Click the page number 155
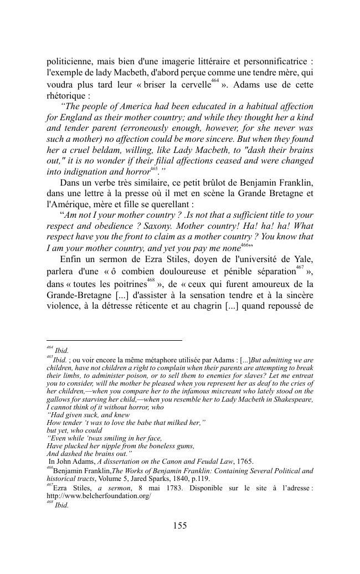[x=179, y=526]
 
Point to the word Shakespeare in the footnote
[x=291, y=399]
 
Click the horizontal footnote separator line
[x=114, y=340]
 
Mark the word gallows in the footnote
[x=58, y=399]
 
